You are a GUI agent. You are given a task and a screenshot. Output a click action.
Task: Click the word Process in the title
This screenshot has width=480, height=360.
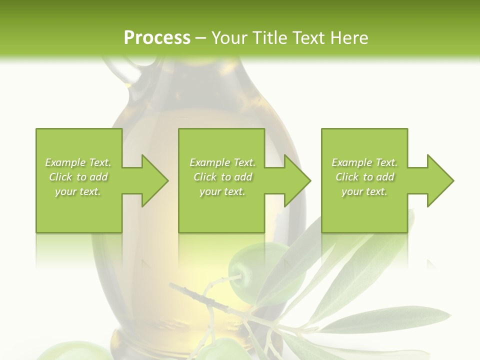pos(157,37)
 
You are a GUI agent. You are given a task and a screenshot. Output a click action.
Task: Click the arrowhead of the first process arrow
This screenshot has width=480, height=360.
pos(155,180)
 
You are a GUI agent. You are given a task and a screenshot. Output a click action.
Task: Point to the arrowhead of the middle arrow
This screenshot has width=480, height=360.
pos(297,180)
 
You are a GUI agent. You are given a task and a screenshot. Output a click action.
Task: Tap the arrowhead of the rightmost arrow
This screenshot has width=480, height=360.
pos(440,180)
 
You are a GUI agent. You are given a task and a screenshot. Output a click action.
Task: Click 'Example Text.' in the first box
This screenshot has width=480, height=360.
pos(78,162)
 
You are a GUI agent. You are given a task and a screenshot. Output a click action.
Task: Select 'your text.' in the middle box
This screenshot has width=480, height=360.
pos(222,191)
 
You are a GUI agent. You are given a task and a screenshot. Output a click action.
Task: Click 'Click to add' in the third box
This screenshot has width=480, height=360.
pos(364,177)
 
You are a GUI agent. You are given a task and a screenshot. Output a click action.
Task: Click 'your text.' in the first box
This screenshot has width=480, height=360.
pos(78,191)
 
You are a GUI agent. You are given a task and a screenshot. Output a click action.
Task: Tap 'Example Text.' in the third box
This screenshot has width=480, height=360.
pos(364,162)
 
